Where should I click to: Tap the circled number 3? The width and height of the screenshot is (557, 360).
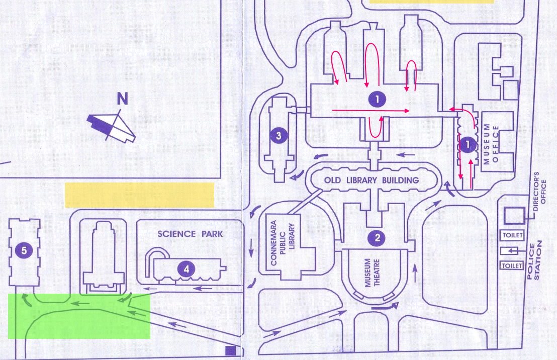click(x=278, y=135)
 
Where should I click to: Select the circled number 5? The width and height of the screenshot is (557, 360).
click(x=24, y=248)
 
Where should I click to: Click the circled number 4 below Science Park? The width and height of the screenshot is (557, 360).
click(x=187, y=269)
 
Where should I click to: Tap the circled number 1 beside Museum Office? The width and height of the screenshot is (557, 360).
click(x=468, y=145)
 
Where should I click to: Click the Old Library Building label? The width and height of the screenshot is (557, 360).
click(x=372, y=180)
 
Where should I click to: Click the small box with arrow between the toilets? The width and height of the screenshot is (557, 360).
click(x=510, y=250)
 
